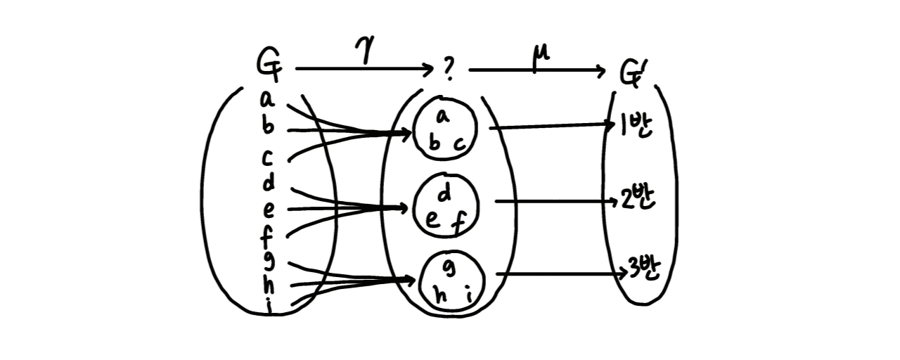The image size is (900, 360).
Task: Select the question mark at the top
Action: coord(449,70)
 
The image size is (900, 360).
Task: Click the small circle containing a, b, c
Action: coord(446,129)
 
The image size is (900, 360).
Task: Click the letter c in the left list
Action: coord(268,158)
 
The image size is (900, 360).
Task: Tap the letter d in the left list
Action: coord(268,184)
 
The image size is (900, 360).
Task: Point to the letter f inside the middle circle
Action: coord(458,224)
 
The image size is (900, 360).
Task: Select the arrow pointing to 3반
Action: coord(559,274)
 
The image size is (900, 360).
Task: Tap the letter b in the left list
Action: coord(268,127)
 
